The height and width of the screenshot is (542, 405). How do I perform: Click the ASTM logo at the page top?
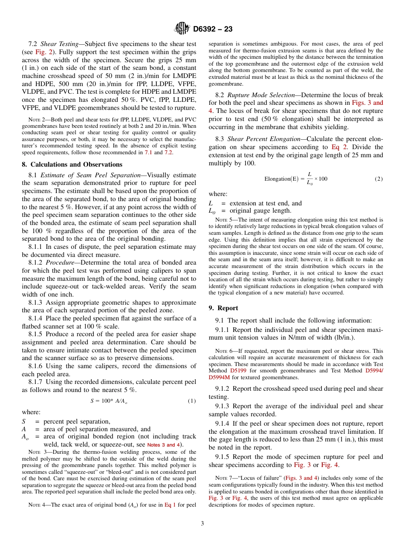pyautogui.click(x=182, y=29)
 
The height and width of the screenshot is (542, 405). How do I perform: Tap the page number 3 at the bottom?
pyautogui.click(x=202, y=524)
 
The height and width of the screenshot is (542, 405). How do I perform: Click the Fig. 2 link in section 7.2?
pyautogui.click(x=45, y=52)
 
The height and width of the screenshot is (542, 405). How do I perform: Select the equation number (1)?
pyautogui.click(x=192, y=401)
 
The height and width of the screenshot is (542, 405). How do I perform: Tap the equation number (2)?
pyautogui.click(x=379, y=179)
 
